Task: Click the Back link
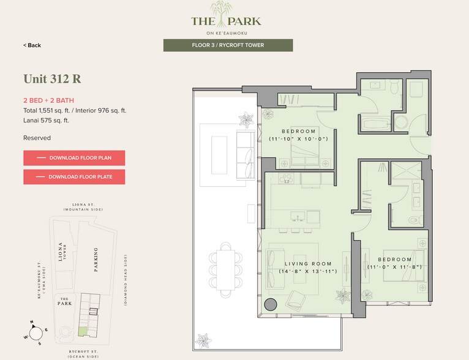(32, 45)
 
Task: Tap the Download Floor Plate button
(74, 177)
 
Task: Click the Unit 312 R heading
(52, 79)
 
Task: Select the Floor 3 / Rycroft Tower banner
(228, 45)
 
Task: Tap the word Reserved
(37, 138)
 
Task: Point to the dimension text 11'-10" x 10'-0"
(299, 139)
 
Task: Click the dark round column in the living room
(270, 304)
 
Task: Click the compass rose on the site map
(36, 332)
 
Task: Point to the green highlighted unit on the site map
(83, 331)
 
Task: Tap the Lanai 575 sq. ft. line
(46, 121)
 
